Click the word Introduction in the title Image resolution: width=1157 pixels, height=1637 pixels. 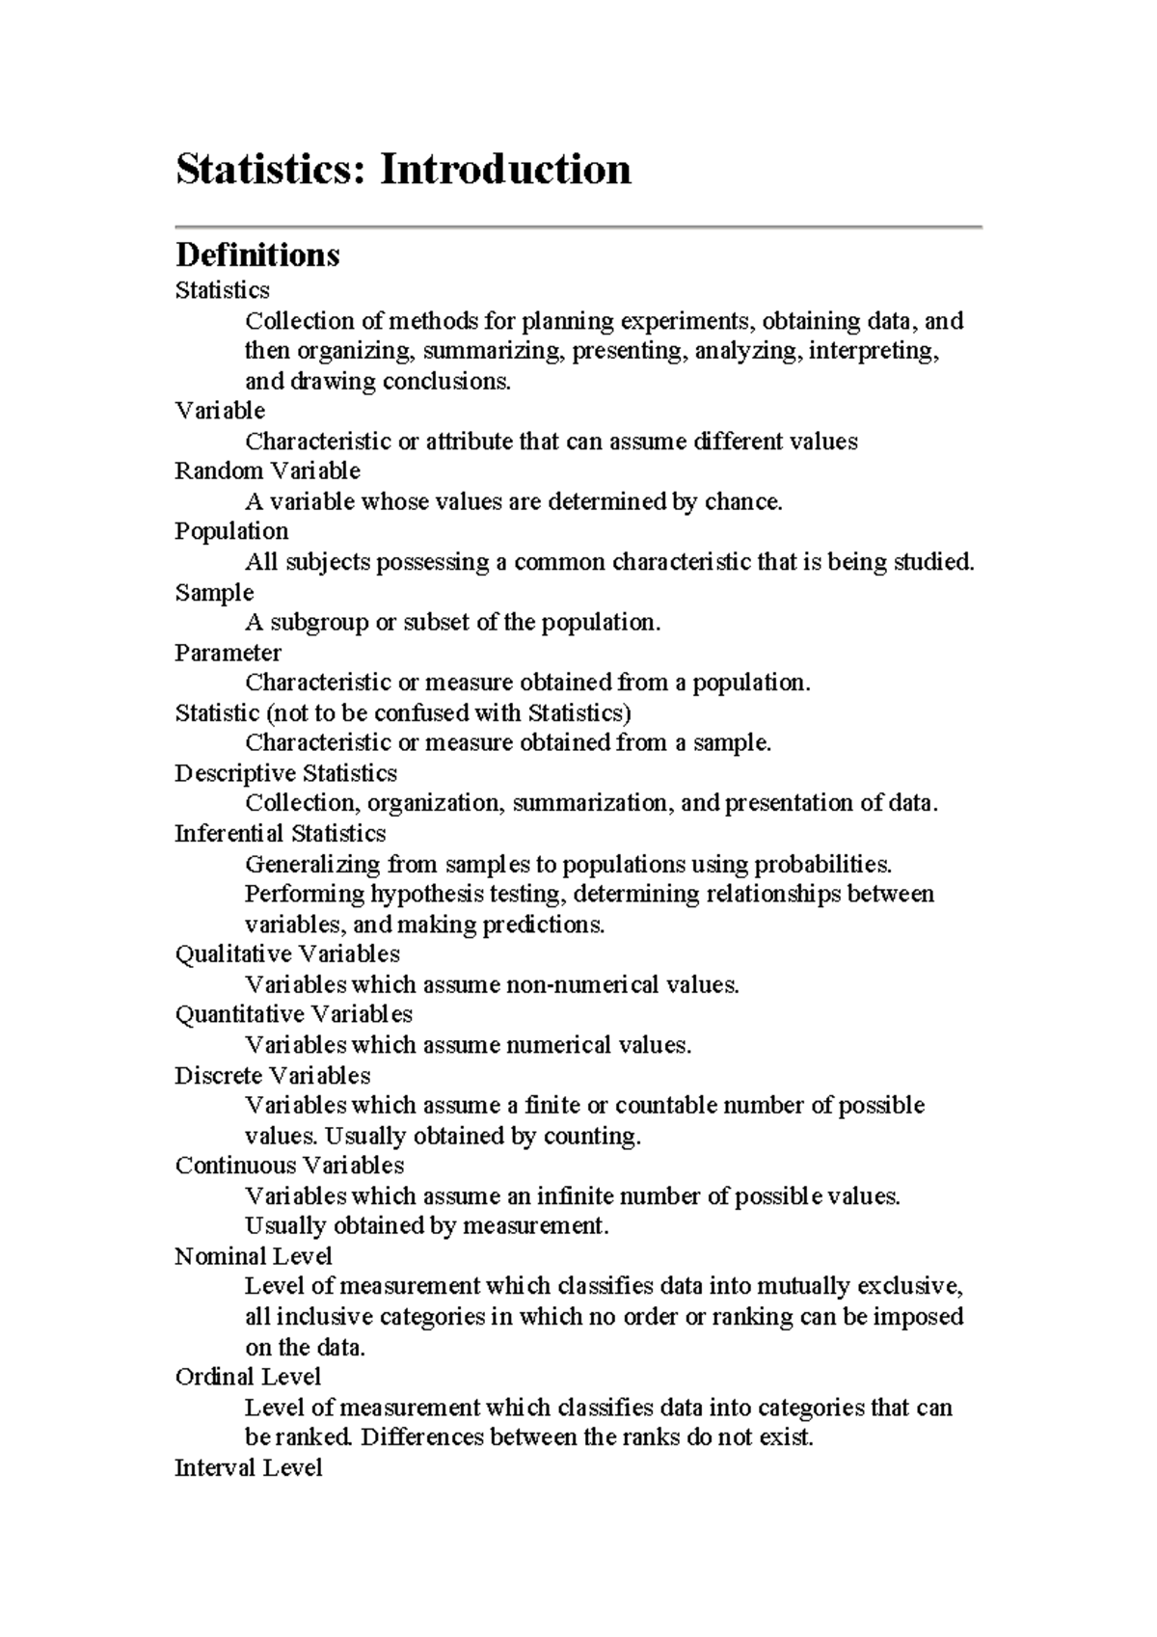tap(505, 170)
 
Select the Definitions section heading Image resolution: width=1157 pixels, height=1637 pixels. tap(257, 255)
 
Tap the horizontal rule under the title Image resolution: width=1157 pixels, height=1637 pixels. tap(578, 227)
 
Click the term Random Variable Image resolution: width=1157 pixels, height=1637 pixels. tap(267, 471)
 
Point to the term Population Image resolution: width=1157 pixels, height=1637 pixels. tap(231, 531)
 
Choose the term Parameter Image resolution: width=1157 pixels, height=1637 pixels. tap(228, 653)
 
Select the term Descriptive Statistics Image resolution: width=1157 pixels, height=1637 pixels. tap(285, 773)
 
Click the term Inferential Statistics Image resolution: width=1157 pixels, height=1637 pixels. tap(280, 833)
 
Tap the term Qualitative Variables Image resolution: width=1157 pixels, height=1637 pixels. tap(286, 953)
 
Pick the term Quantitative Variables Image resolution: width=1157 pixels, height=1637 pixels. tap(293, 1014)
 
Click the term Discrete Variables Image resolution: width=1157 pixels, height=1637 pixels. tap(272, 1075)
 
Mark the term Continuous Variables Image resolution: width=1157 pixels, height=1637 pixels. tap(289, 1165)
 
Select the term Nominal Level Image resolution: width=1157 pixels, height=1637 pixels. tap(253, 1256)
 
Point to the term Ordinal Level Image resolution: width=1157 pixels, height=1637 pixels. tap(248, 1377)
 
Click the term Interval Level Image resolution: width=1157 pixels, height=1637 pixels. tap(248, 1467)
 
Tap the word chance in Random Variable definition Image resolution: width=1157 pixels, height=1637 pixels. tap(741, 501)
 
